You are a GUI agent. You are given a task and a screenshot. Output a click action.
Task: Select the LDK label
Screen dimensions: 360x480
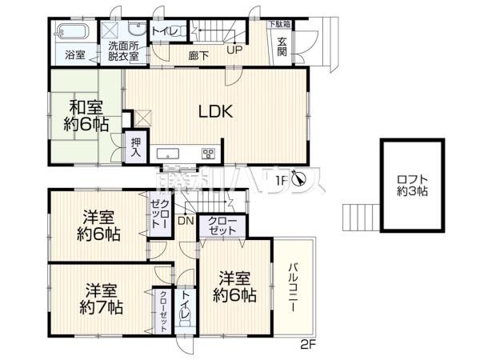[215, 113]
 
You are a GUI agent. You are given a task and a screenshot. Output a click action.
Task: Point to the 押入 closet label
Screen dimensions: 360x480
[136, 147]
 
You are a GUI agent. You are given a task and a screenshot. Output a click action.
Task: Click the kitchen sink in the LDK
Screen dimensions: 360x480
[170, 154]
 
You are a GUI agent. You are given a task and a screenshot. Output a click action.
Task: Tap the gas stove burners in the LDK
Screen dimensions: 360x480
[208, 153]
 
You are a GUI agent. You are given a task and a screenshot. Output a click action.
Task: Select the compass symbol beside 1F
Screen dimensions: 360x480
[298, 179]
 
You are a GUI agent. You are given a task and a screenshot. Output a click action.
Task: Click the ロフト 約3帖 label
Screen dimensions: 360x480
[412, 185]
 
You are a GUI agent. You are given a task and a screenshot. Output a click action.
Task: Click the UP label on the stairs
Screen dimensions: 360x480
[234, 50]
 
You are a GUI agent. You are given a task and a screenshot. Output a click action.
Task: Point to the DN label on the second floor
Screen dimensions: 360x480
[186, 221]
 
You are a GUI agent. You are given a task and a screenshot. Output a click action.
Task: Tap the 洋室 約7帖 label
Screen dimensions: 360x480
[99, 297]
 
